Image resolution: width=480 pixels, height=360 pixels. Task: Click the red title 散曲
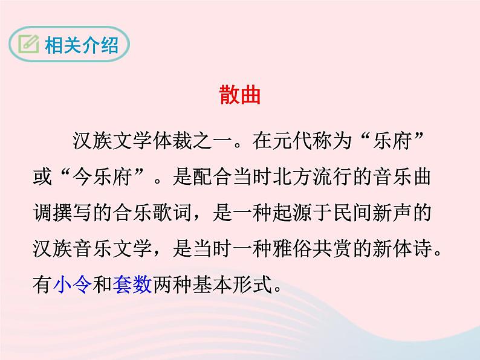[x=239, y=96]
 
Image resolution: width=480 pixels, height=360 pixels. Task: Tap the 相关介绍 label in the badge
[x=81, y=44]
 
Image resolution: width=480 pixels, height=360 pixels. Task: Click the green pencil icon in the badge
[x=28, y=44]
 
